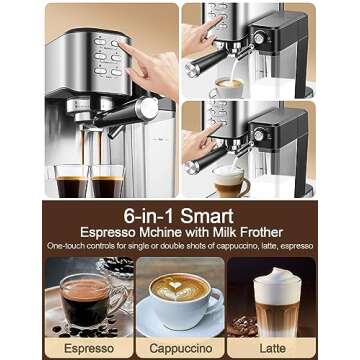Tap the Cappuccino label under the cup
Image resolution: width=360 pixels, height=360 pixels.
(181, 349)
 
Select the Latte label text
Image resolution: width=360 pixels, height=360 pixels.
(272, 349)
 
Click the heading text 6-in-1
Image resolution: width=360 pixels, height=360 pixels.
(149, 217)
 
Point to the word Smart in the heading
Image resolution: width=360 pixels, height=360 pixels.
(207, 217)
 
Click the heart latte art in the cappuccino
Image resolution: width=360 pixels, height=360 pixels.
(176, 285)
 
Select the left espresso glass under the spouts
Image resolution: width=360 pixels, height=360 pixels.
(71, 181)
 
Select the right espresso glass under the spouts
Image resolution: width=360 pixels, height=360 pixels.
(107, 181)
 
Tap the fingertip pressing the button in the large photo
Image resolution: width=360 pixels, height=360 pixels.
(121, 46)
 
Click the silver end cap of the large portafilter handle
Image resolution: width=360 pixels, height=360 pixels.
(148, 108)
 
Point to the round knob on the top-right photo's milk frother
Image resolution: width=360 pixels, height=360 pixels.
(259, 39)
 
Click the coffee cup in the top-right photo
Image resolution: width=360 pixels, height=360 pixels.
(227, 88)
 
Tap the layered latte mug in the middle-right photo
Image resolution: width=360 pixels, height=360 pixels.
(231, 182)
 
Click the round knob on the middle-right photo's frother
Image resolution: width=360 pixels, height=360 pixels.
(259, 135)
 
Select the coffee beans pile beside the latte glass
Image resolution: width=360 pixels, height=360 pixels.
(242, 326)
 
